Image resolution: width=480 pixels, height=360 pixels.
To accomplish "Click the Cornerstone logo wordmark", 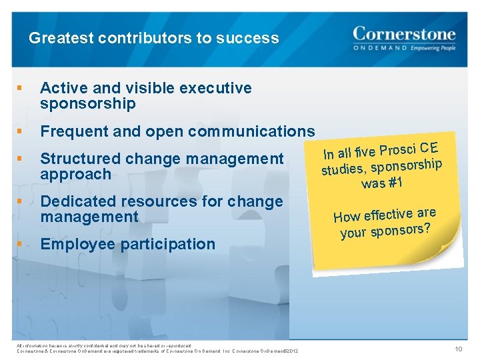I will (x=404, y=33).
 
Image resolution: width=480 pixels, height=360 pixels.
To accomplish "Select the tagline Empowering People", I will (x=433, y=49).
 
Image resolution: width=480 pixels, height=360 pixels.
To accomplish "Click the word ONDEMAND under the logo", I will (x=379, y=49).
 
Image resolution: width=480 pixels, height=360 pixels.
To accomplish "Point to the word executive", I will (x=220, y=88).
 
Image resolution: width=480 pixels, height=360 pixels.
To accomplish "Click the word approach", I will (x=75, y=174).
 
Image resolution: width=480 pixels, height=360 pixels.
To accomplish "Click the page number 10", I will (x=459, y=349).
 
